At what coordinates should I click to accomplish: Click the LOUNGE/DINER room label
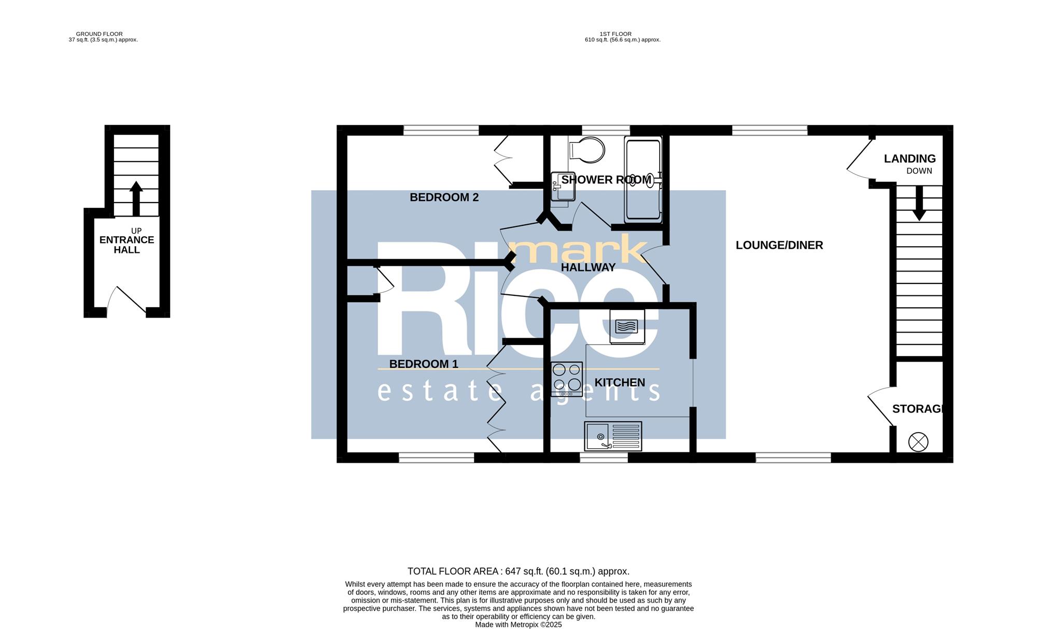pyautogui.click(x=779, y=245)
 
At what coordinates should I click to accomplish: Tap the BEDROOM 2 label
pyautogui.click(x=444, y=197)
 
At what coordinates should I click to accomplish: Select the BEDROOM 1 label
pyautogui.click(x=424, y=364)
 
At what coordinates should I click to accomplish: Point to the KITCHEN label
pyautogui.click(x=620, y=382)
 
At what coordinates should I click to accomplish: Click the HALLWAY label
pyautogui.click(x=588, y=267)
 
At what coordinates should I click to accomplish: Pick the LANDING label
pyautogui.click(x=909, y=159)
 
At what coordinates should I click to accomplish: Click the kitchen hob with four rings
pyautogui.click(x=567, y=379)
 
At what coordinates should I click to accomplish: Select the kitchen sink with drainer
pyautogui.click(x=613, y=436)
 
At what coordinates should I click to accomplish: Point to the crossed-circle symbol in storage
pyautogui.click(x=918, y=442)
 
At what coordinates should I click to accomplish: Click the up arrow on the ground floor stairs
pyautogui.click(x=136, y=198)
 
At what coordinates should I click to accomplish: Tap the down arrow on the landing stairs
pyautogui.click(x=919, y=203)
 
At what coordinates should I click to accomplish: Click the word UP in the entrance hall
pyautogui.click(x=136, y=231)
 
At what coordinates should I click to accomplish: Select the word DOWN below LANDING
pyautogui.click(x=919, y=171)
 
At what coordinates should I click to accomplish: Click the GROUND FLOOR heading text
pyautogui.click(x=100, y=34)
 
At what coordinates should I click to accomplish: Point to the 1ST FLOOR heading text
pyautogui.click(x=615, y=34)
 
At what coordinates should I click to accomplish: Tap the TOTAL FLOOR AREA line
pyautogui.click(x=518, y=571)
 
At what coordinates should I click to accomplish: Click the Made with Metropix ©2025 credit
pyautogui.click(x=518, y=625)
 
